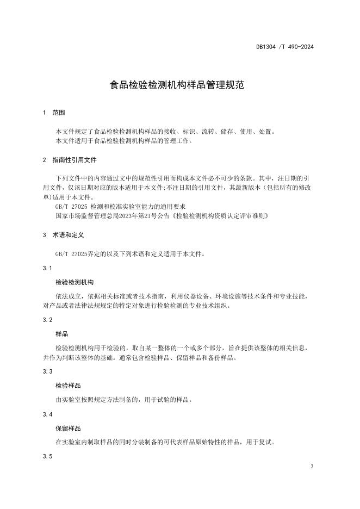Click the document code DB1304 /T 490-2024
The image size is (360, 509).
click(285, 47)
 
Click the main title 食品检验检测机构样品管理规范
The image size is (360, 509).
click(179, 85)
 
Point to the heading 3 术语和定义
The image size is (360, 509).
click(63, 235)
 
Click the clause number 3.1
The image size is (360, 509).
click(47, 269)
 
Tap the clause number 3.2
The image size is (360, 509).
click(47, 320)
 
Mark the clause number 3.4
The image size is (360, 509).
click(47, 414)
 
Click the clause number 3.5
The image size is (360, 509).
click(47, 457)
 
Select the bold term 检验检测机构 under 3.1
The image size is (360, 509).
click(75, 283)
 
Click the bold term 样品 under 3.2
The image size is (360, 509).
click(62, 334)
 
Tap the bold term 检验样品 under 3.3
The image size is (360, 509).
click(69, 385)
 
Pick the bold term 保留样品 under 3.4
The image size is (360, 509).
click(69, 429)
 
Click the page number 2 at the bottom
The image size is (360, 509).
click(312, 467)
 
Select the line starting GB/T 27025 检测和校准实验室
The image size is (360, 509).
click(121, 207)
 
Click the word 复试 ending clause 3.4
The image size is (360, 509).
click(267, 443)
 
